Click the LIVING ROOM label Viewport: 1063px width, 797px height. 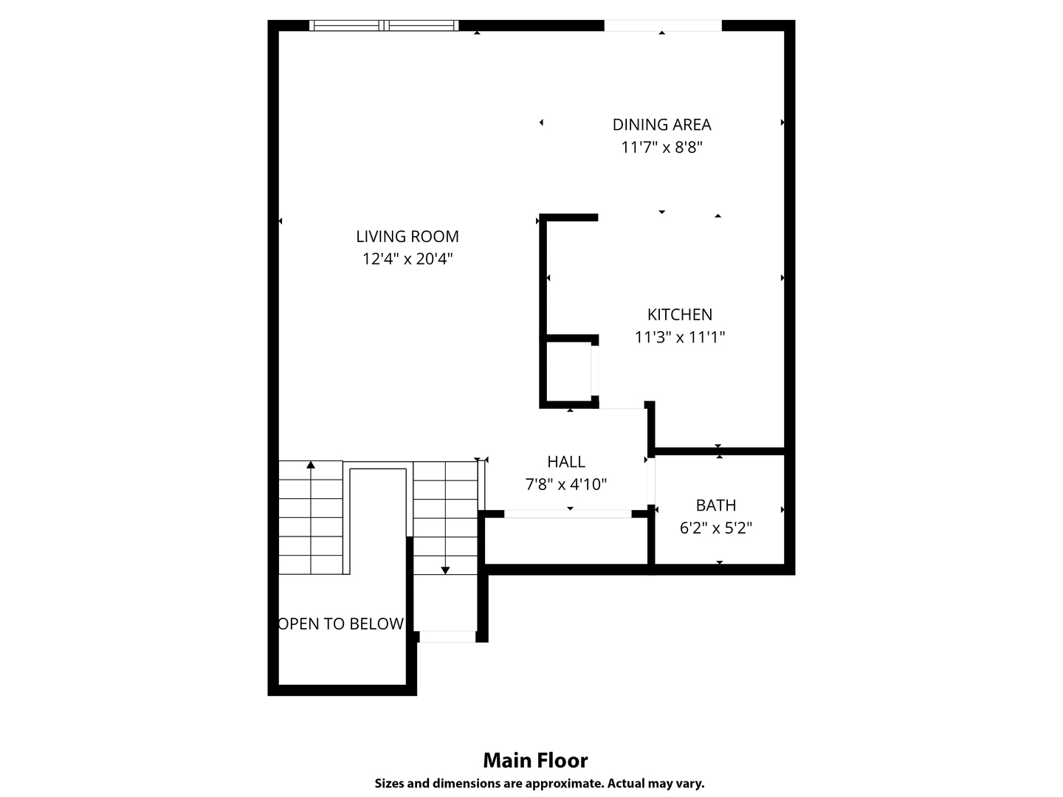[407, 236]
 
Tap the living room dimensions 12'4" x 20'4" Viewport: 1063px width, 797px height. [407, 259]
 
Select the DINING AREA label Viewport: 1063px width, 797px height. [661, 125]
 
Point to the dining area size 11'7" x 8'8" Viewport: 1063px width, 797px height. [661, 148]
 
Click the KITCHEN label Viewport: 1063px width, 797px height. [679, 314]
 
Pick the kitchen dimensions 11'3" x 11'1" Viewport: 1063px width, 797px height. [679, 337]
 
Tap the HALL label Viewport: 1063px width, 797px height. [566, 462]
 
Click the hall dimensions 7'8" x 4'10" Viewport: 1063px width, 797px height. [566, 485]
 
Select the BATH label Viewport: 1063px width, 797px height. [715, 506]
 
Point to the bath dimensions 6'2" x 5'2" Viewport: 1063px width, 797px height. [715, 528]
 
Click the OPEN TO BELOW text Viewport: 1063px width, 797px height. [342, 624]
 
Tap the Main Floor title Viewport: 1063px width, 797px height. [535, 760]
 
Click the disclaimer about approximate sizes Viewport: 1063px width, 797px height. [539, 784]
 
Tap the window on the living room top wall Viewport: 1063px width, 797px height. [384, 26]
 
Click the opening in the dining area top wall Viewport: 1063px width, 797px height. [662, 26]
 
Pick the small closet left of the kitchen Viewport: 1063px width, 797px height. [568, 371]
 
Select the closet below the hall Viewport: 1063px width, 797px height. [566, 540]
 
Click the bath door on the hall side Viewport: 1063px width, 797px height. [651, 481]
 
